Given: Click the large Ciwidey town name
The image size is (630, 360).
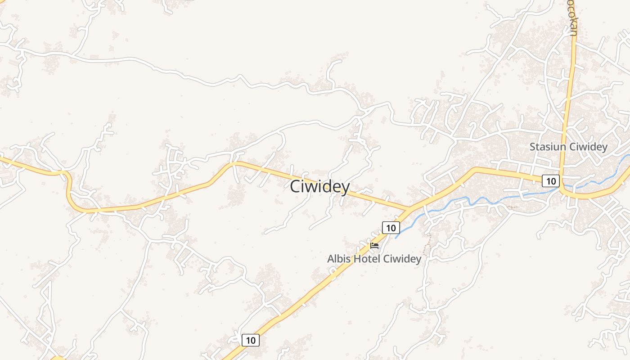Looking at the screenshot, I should point(319,186).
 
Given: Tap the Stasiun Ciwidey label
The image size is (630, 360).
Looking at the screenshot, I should point(568,147).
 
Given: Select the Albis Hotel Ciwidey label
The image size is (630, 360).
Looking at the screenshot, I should point(374,259).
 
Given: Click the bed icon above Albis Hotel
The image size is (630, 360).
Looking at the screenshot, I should point(374,246).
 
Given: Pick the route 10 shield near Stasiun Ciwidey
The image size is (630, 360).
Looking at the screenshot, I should point(550,181).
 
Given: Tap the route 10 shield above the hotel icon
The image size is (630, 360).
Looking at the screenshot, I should point(391,228).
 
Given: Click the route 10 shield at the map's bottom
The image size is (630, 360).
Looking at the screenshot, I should point(251,340).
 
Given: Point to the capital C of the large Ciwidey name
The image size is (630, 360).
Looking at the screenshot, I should point(295,186).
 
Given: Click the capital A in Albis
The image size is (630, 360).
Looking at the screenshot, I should point(331,259).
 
